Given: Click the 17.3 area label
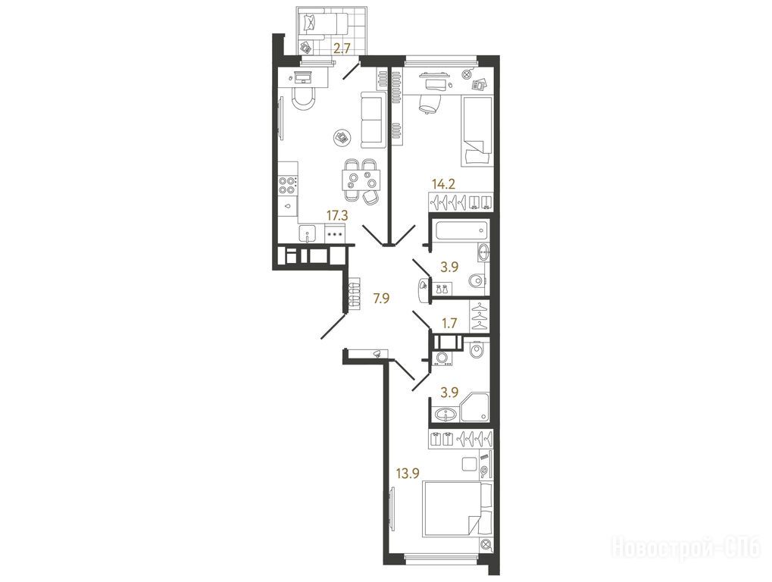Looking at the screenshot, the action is pos(337,214).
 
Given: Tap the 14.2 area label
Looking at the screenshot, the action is pos(443,185).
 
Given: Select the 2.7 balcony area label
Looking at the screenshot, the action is pos(342,48).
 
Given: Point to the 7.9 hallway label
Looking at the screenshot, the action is pos(381,299).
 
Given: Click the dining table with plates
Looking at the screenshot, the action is pos(361,180).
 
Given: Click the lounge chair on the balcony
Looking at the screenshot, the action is pos(324,23).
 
